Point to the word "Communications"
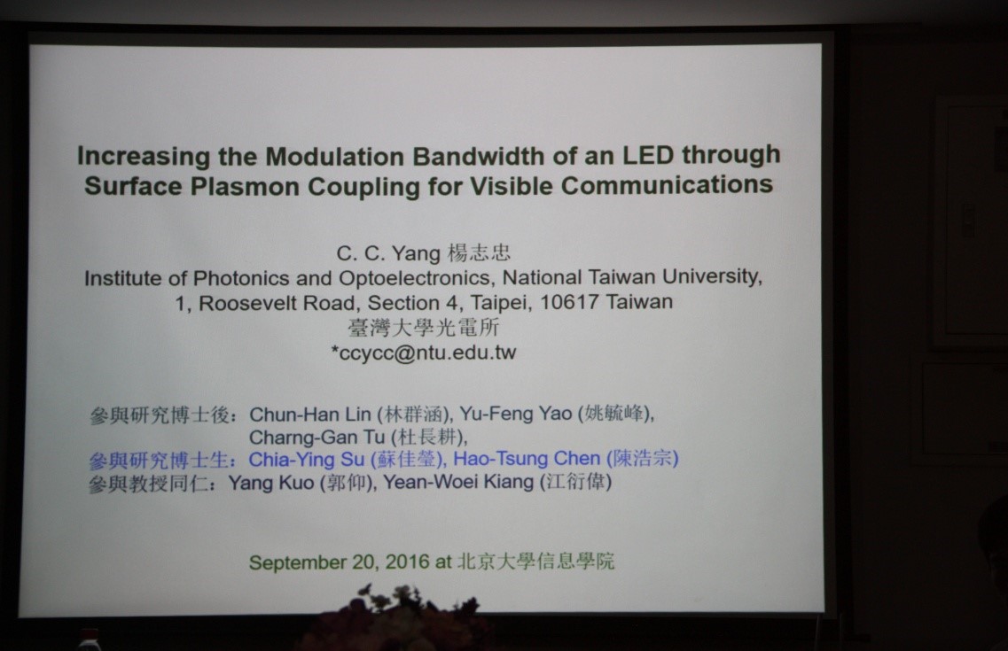pos(667,185)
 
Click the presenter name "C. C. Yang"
pos(388,253)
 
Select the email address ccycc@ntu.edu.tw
pos(426,353)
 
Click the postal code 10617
pos(569,301)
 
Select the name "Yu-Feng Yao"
pos(516,414)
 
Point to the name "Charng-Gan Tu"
pos(316,438)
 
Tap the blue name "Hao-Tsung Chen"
pos(527,459)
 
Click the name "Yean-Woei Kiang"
pos(458,482)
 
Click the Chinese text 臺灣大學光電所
pos(424,328)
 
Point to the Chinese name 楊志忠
pos(479,253)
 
